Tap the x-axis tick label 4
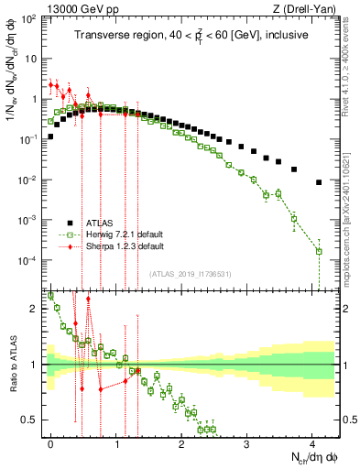311,442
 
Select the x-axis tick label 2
181,442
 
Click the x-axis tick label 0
50,442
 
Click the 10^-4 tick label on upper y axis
28,261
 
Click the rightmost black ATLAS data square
318,182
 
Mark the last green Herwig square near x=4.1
319,251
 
